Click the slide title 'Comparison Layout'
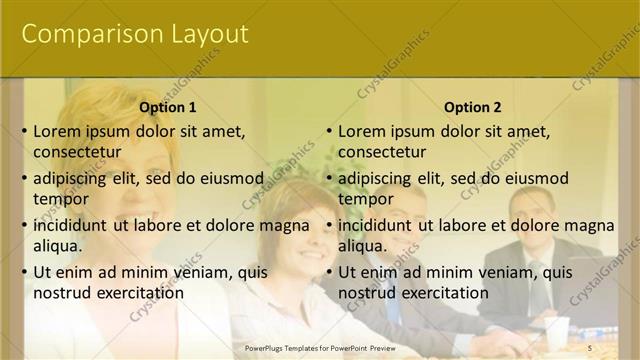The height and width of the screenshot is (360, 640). tap(135, 34)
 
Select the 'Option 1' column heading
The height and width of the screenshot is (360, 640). tap(168, 107)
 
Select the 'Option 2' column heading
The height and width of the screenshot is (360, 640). tap(473, 107)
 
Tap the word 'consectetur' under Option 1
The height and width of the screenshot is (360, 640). tap(77, 152)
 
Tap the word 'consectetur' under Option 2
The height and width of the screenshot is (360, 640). tap(382, 152)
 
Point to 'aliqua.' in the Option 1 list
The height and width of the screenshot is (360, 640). tap(59, 246)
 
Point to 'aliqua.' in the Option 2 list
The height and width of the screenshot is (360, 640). tap(364, 246)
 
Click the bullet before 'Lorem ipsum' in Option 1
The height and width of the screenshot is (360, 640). tap(24, 131)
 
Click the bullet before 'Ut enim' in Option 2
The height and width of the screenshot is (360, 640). tap(329, 272)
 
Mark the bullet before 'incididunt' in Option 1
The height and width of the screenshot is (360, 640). tap(24, 225)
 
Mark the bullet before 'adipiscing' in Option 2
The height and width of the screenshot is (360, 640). tap(329, 178)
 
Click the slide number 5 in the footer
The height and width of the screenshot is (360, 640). tap(590, 347)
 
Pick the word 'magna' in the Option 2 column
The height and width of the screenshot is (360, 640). tap(591, 225)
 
